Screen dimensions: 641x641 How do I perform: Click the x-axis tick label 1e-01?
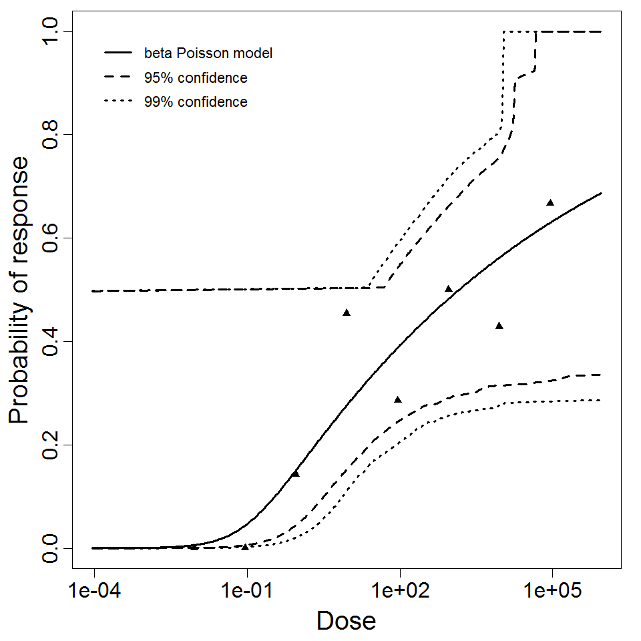247,591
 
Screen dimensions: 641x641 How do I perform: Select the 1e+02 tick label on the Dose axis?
399,591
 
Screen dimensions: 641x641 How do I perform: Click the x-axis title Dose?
346,621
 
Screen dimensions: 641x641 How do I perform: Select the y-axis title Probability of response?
20,290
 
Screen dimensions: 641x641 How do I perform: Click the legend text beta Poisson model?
208,53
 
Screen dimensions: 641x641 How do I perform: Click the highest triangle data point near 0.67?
550,202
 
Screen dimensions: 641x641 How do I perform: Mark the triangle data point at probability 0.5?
449,288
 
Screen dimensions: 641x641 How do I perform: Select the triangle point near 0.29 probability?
398,399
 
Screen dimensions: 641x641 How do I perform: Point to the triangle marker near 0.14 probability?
295,473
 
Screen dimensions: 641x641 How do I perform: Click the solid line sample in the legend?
118,53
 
